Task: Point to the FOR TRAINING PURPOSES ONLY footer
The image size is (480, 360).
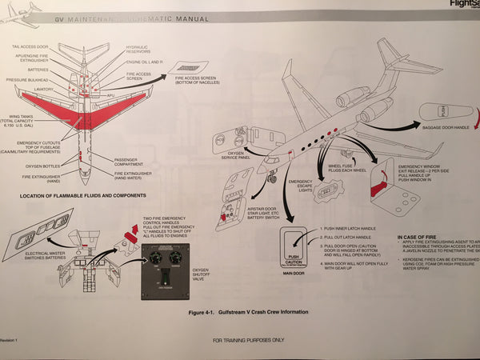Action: coord(248,340)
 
